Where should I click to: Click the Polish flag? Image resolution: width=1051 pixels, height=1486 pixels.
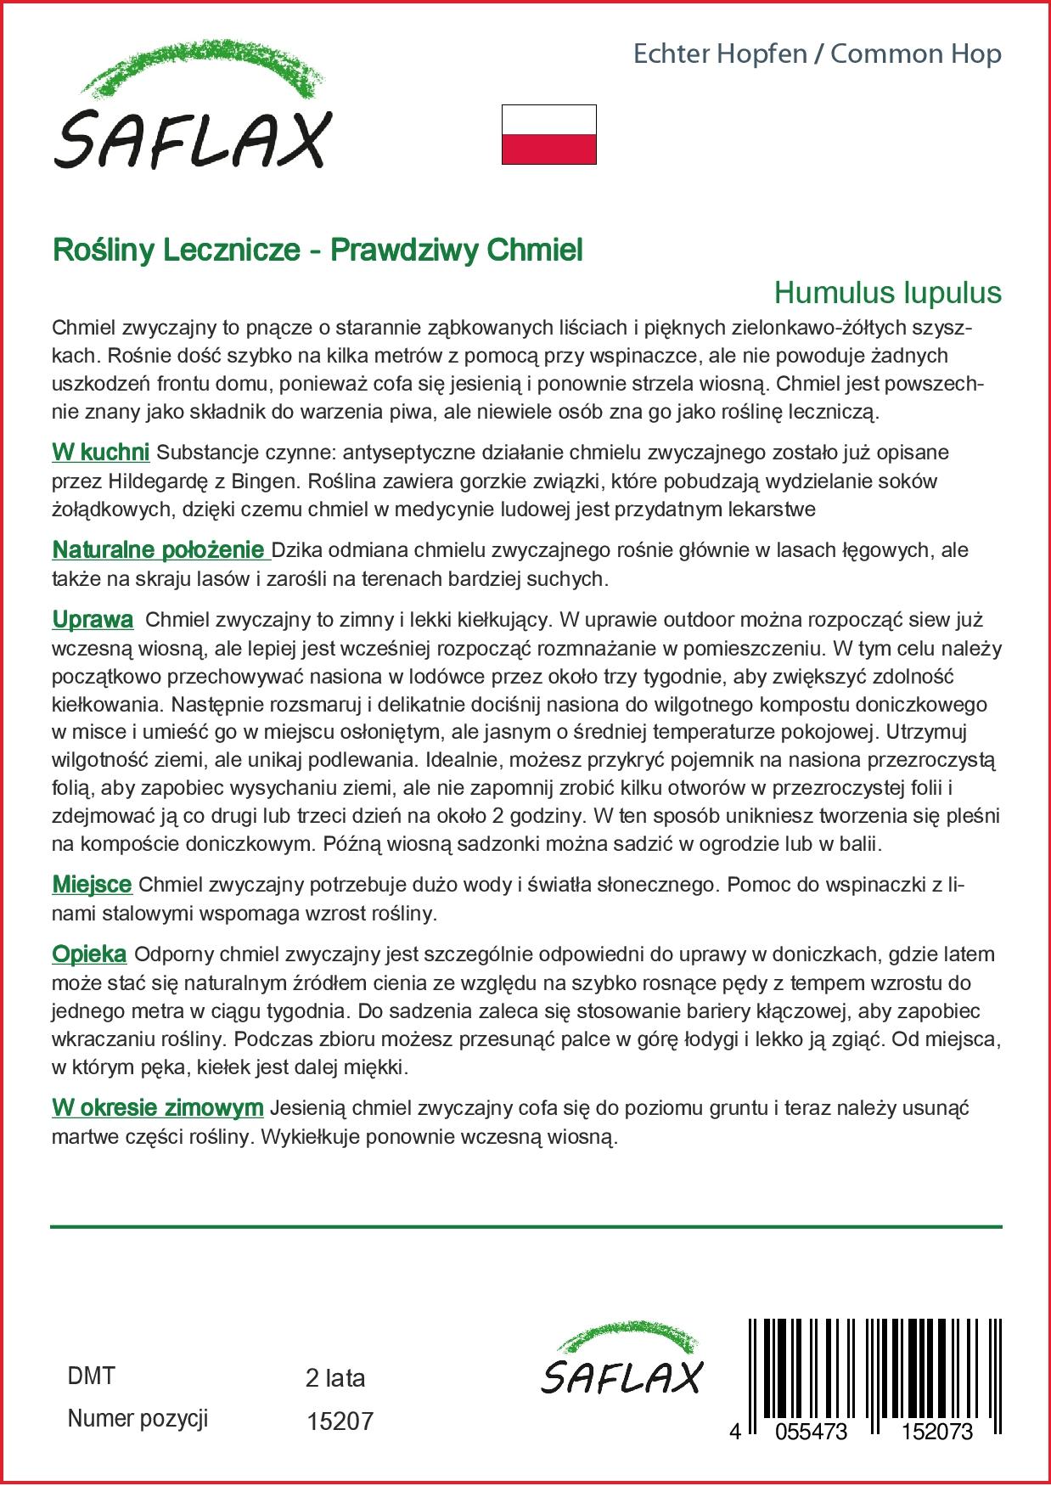(549, 134)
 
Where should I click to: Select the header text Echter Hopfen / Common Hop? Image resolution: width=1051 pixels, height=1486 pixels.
(818, 54)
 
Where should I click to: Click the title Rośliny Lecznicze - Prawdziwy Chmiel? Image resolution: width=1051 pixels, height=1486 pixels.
(318, 250)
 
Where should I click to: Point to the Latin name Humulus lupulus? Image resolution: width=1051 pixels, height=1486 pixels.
(887, 293)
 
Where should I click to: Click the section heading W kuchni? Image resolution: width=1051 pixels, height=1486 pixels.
(101, 452)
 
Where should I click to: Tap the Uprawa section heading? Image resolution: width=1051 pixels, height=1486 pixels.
(93, 619)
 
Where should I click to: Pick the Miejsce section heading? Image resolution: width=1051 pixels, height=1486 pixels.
(92, 885)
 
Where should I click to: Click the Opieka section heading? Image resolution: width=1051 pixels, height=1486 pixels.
(89, 954)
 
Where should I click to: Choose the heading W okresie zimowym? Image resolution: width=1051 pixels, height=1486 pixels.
(158, 1107)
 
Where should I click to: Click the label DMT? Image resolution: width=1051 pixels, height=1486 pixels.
(90, 1376)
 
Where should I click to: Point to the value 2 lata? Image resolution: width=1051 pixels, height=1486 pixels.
(334, 1377)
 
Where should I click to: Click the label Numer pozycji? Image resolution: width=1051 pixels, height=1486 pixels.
(138, 1418)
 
